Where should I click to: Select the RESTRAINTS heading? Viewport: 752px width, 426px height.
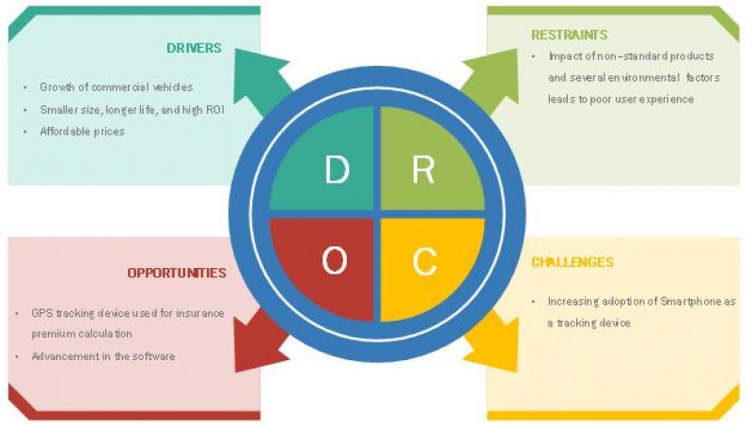pyautogui.click(x=570, y=35)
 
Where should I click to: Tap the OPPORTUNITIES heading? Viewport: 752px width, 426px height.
pyautogui.click(x=177, y=273)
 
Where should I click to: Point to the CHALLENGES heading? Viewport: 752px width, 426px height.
pyautogui.click(x=572, y=262)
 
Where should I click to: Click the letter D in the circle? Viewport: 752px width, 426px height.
pyautogui.click(x=336, y=170)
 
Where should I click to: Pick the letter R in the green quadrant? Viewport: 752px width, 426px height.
pyautogui.click(x=423, y=170)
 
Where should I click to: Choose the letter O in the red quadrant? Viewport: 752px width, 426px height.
pyautogui.click(x=335, y=260)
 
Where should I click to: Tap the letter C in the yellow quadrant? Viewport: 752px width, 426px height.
pyautogui.click(x=425, y=260)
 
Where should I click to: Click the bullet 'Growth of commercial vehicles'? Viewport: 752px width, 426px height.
pyautogui.click(x=116, y=87)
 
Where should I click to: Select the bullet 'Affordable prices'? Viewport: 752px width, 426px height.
pyautogui.click(x=82, y=132)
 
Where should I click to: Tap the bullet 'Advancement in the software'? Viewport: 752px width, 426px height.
pyautogui.click(x=102, y=356)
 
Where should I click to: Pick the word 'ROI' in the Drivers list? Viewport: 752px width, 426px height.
pyautogui.click(x=213, y=109)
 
